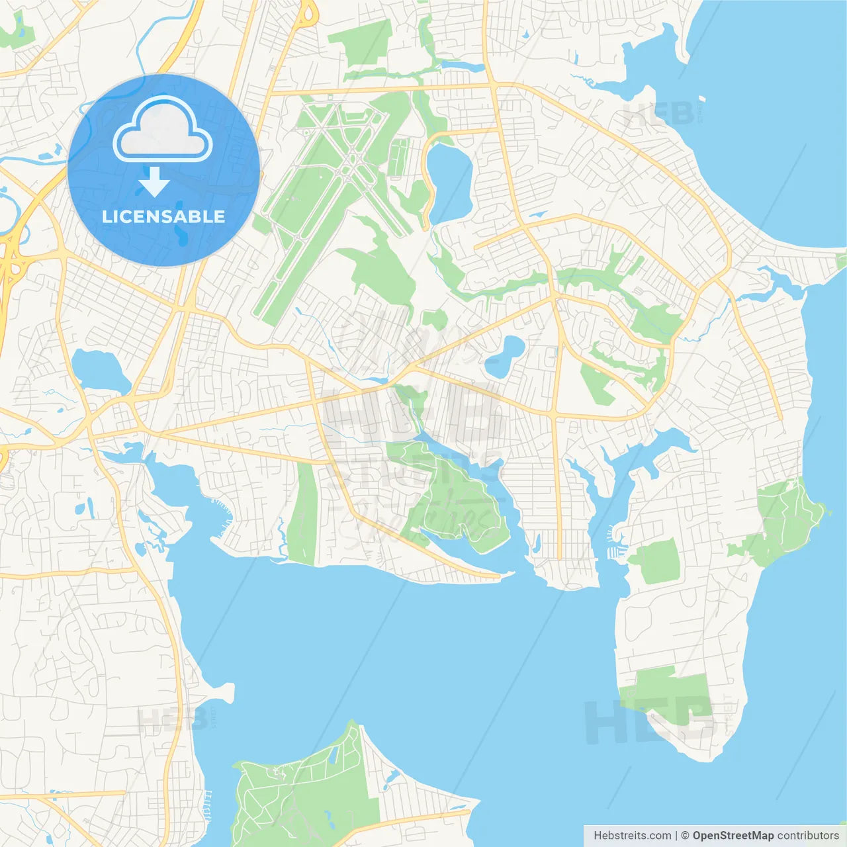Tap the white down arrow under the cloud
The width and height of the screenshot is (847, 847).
[x=154, y=183]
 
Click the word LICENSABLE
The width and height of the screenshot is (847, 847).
[x=163, y=216]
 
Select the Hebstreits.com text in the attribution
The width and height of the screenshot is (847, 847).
[x=632, y=836]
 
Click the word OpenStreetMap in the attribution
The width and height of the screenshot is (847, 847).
[x=733, y=836]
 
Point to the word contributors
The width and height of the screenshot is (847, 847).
[x=808, y=836]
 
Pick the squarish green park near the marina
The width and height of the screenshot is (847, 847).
[x=656, y=561]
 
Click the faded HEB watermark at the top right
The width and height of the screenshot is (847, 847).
[x=658, y=114]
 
